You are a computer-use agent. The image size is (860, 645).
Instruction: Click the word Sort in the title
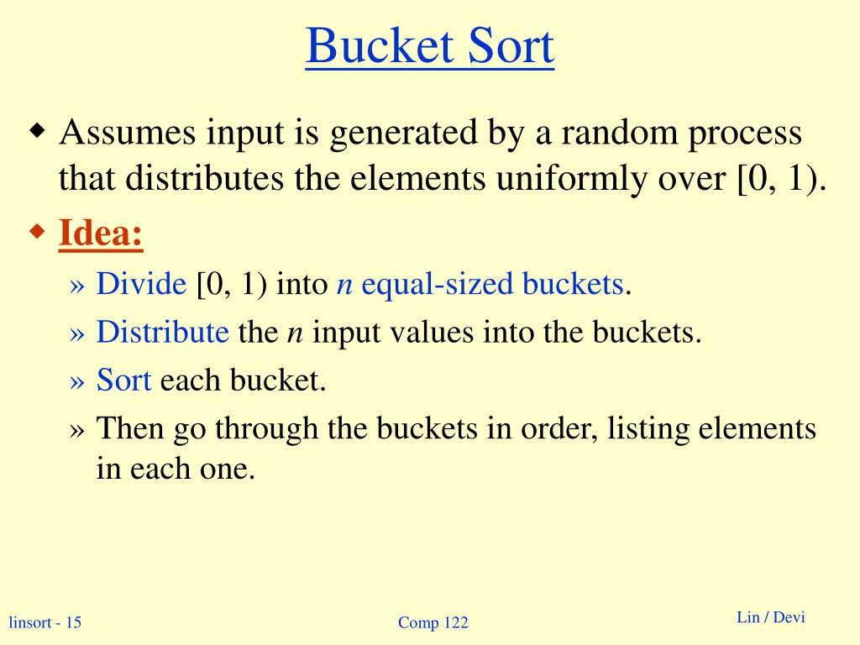pyautogui.click(x=504, y=47)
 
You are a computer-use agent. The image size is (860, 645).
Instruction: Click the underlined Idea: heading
pyautogui.click(x=101, y=233)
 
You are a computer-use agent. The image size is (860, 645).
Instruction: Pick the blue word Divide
pyautogui.click(x=141, y=285)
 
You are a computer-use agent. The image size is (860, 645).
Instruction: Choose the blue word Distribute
pyautogui.click(x=162, y=333)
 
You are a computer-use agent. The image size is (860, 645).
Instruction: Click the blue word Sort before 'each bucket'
pyautogui.click(x=123, y=380)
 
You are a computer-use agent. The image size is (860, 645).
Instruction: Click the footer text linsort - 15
pyautogui.click(x=45, y=622)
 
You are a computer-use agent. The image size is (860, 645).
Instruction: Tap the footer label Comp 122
pyautogui.click(x=433, y=622)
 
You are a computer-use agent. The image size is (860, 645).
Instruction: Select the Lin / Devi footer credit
pyautogui.click(x=770, y=618)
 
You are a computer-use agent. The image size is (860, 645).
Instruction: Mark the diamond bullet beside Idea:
pyautogui.click(x=38, y=231)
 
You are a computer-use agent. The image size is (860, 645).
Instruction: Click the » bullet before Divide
pyautogui.click(x=77, y=286)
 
